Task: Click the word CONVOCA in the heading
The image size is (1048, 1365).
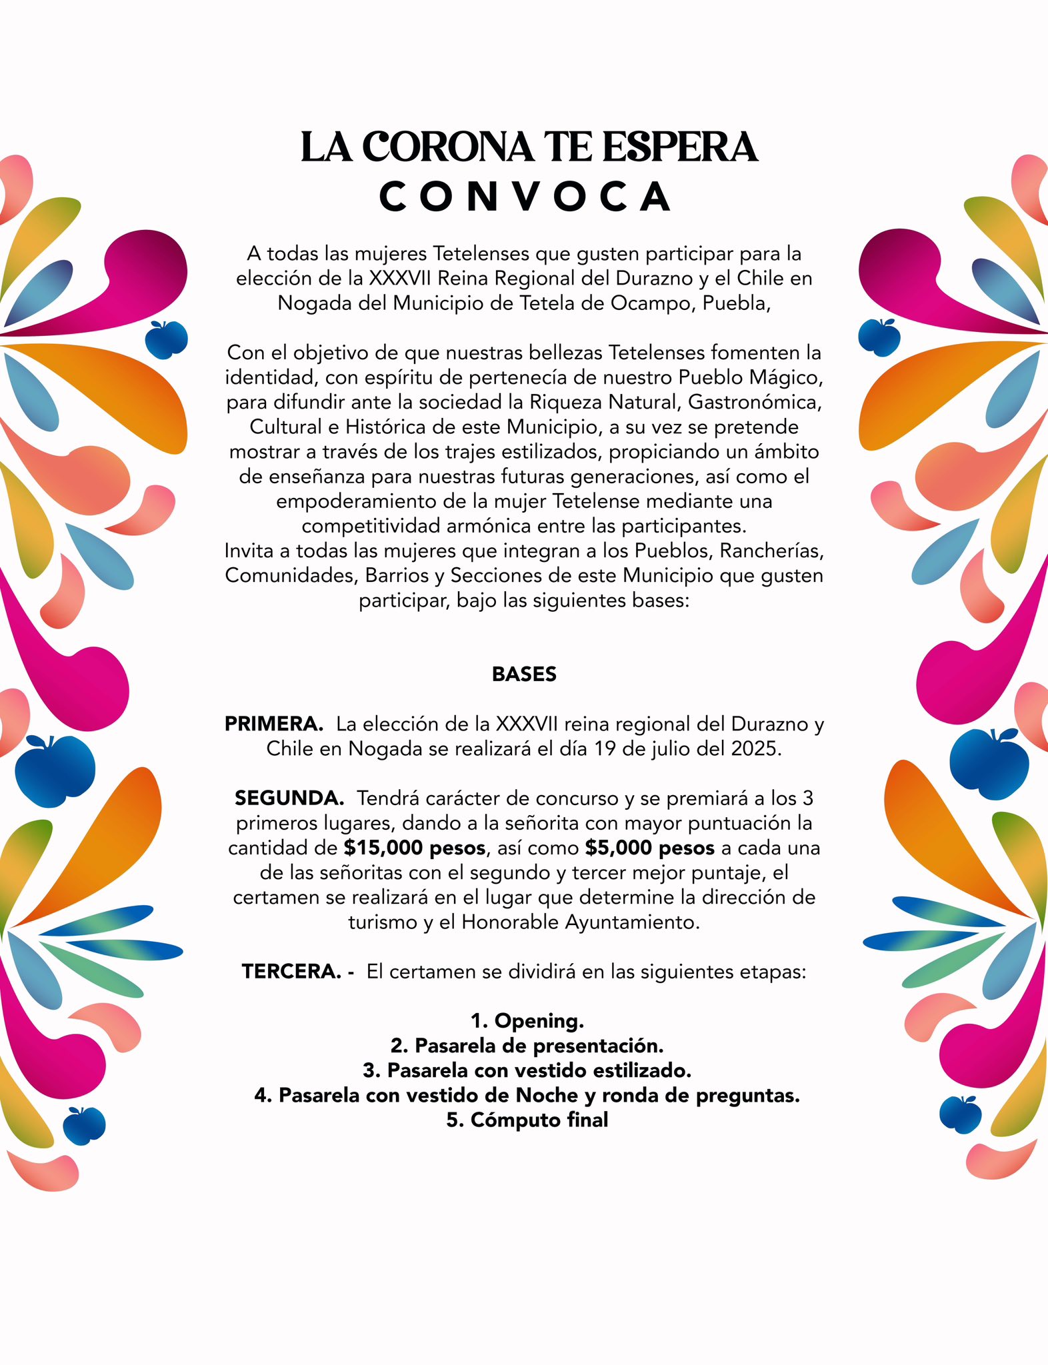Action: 524,197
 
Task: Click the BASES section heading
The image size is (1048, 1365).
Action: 524,675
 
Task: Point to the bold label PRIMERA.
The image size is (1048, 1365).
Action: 274,724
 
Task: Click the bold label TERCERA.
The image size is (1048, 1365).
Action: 292,972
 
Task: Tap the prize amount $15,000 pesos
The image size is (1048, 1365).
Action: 415,848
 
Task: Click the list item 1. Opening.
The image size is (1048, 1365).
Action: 527,1020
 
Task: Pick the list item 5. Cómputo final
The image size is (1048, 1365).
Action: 527,1120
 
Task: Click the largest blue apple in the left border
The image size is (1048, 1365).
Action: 55,770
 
